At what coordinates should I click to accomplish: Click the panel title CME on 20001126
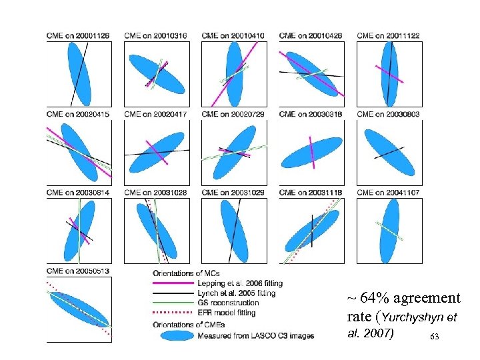(x=78, y=35)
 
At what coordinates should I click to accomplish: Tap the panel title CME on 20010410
(x=233, y=35)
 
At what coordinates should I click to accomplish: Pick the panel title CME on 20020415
(x=78, y=114)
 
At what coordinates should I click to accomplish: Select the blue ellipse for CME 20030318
(x=311, y=152)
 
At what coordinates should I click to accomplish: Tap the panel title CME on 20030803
(x=388, y=114)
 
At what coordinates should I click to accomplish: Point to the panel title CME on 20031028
(x=155, y=193)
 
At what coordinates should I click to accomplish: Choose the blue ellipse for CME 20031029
(x=234, y=229)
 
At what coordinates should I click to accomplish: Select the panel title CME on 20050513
(x=78, y=271)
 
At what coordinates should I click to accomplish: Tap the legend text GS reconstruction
(x=228, y=303)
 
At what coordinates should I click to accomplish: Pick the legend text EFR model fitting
(x=227, y=312)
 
